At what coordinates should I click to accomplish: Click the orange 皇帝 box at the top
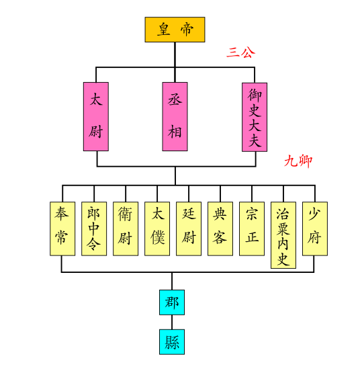point(175,30)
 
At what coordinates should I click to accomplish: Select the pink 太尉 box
point(96,116)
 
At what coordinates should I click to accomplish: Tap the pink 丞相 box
point(175,116)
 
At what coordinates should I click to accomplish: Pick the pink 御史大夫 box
point(255,116)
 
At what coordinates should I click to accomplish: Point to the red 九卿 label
point(298,161)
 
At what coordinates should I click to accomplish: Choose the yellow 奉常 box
point(62,229)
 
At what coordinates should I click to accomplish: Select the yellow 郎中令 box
point(93,229)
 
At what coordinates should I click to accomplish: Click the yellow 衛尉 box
point(125,229)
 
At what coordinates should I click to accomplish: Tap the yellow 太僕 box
point(156,229)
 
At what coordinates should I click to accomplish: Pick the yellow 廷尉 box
point(188,229)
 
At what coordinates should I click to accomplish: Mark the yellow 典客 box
point(220,229)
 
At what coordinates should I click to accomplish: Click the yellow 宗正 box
point(251,229)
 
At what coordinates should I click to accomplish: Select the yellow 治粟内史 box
point(283,235)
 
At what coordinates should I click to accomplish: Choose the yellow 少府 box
point(314,229)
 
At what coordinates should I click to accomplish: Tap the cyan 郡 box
point(171,302)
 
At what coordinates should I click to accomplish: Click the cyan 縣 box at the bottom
point(171,341)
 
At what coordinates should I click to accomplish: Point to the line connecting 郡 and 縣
point(171,322)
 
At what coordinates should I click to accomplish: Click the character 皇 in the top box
point(164,30)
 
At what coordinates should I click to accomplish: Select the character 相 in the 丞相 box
point(175,131)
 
